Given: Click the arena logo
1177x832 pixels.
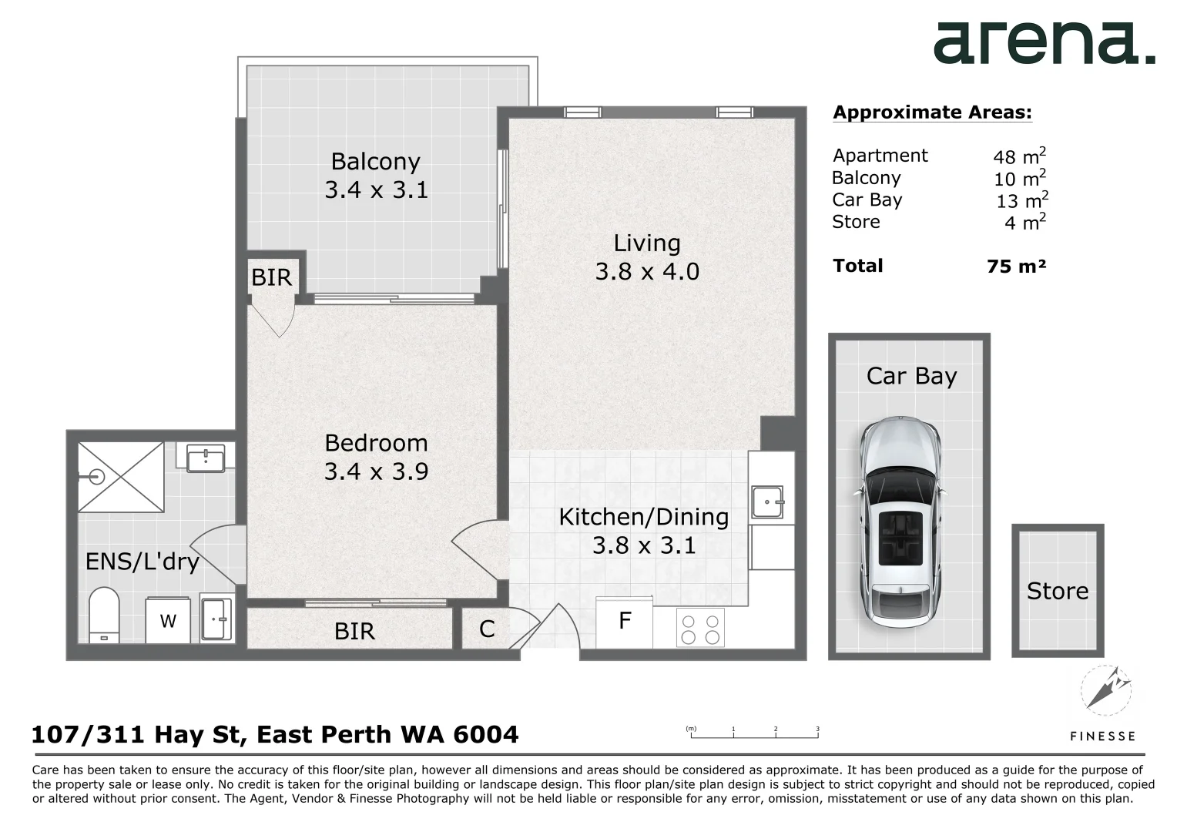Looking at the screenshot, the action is (1044, 43).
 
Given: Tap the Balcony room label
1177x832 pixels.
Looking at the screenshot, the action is (376, 161).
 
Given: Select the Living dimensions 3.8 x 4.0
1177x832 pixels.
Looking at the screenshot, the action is (647, 271).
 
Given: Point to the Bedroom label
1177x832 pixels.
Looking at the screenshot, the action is (376, 443).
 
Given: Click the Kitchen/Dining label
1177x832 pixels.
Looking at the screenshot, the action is (644, 517).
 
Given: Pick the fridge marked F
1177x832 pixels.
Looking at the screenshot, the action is (624, 622).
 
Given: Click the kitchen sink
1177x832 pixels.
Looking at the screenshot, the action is (767, 502).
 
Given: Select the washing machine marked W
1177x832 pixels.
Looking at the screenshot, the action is (168, 621).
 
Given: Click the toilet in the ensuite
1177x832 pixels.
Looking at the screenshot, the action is (104, 615).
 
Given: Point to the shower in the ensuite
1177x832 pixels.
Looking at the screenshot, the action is (121, 477).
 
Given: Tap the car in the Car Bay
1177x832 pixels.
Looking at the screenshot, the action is (900, 522).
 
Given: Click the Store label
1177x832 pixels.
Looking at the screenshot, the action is (1057, 592).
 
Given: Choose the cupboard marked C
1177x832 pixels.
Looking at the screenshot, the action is (487, 629).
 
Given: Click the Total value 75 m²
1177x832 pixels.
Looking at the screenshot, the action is (1016, 266).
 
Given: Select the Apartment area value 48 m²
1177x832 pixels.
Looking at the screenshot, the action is (1019, 156).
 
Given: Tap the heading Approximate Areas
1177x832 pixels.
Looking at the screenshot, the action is (933, 112).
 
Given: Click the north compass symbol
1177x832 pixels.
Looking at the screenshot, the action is (1105, 690).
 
